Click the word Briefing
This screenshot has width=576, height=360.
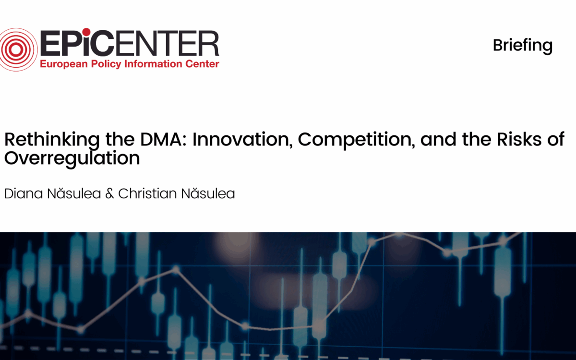click(x=523, y=46)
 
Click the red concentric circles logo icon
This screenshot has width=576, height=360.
click(x=16, y=49)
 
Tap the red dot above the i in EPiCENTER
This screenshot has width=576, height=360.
click(x=86, y=32)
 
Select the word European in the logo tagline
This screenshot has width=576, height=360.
click(x=64, y=64)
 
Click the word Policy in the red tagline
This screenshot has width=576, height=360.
click(x=106, y=64)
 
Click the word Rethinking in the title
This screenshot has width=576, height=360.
click(x=52, y=140)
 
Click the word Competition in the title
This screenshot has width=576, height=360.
click(x=356, y=140)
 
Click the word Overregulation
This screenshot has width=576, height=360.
click(x=72, y=158)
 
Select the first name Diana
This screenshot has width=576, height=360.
click(x=24, y=193)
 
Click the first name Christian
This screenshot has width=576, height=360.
click(x=147, y=193)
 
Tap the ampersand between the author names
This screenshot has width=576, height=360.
click(x=109, y=193)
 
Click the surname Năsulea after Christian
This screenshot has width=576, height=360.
click(x=208, y=193)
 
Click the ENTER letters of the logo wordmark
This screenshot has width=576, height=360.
click(x=167, y=43)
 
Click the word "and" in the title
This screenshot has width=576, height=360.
click(x=438, y=139)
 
